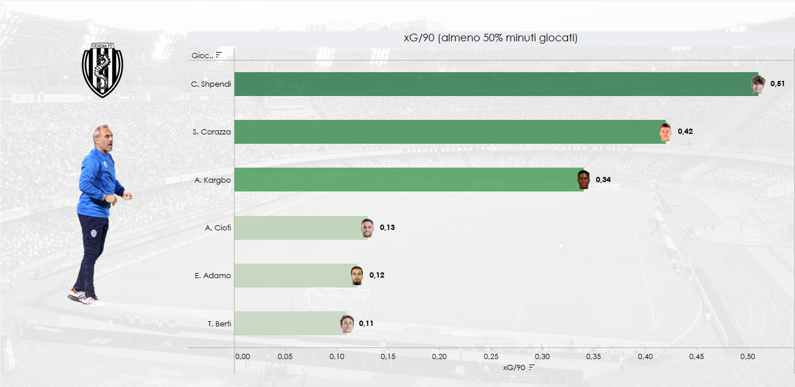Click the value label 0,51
778,84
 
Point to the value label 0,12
377,275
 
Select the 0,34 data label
603,179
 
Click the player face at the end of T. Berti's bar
347,323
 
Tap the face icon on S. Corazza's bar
665,133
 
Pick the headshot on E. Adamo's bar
357,275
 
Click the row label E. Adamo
212,275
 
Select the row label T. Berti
219,324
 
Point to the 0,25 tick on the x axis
491,356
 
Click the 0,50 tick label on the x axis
747,356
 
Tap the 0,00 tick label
242,356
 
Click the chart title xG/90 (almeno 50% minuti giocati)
491,38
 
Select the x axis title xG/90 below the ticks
514,367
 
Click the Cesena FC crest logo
102,70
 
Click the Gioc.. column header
202,55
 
